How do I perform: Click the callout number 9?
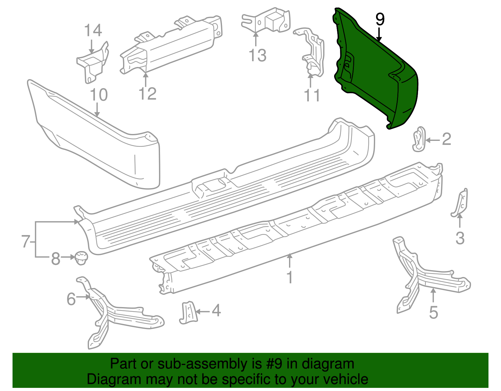(x=380, y=20)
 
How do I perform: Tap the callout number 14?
(x=93, y=31)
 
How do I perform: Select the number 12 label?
(x=147, y=94)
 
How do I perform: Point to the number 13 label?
(x=257, y=55)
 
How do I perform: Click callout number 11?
(x=312, y=95)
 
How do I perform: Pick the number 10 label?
(x=99, y=95)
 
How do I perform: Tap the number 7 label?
(x=26, y=241)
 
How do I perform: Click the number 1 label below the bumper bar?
(x=290, y=277)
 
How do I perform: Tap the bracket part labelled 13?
(x=266, y=20)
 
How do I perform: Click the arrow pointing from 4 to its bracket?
(x=203, y=311)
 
